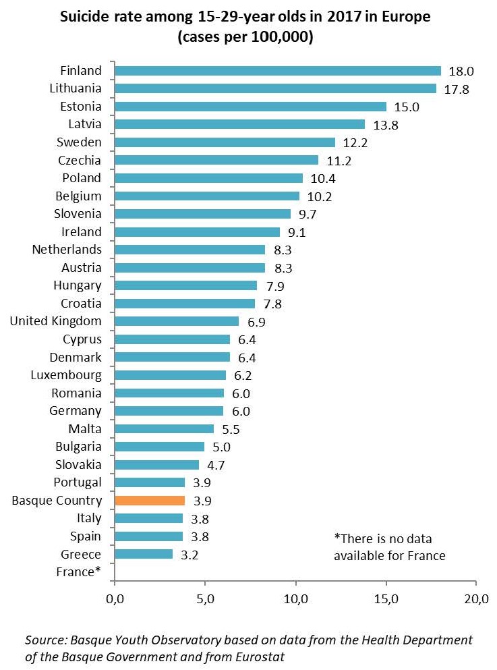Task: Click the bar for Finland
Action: point(277,71)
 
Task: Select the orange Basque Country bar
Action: point(150,501)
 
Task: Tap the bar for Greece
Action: point(144,554)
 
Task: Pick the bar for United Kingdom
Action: point(177,321)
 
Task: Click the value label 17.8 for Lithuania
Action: point(457,89)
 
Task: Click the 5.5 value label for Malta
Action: point(231,428)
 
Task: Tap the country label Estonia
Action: point(80,107)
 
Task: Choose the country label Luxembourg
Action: point(66,375)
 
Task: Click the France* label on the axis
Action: point(80,572)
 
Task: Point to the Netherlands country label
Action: point(67,250)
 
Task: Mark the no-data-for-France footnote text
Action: point(389,547)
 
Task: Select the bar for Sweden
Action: point(225,142)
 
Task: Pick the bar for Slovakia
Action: point(157,464)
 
